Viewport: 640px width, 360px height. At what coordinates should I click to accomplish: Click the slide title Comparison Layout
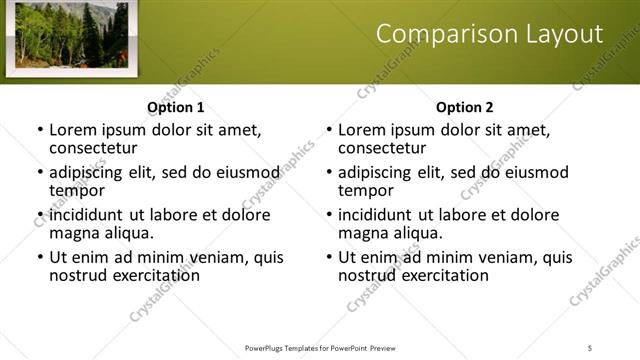click(489, 34)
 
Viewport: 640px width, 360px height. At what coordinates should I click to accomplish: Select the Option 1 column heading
click(175, 107)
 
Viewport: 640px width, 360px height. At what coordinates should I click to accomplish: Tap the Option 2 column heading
click(464, 107)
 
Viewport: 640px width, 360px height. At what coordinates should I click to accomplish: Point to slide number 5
click(590, 347)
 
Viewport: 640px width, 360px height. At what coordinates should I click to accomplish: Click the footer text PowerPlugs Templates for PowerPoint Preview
click(319, 347)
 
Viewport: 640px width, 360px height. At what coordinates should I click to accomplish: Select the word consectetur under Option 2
click(382, 148)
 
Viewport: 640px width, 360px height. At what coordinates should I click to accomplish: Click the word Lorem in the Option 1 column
click(73, 129)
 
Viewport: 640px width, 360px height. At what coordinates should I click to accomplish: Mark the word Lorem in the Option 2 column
click(362, 129)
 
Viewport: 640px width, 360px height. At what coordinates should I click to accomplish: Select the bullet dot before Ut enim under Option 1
click(40, 257)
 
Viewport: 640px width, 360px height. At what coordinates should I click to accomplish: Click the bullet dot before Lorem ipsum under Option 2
click(329, 129)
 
